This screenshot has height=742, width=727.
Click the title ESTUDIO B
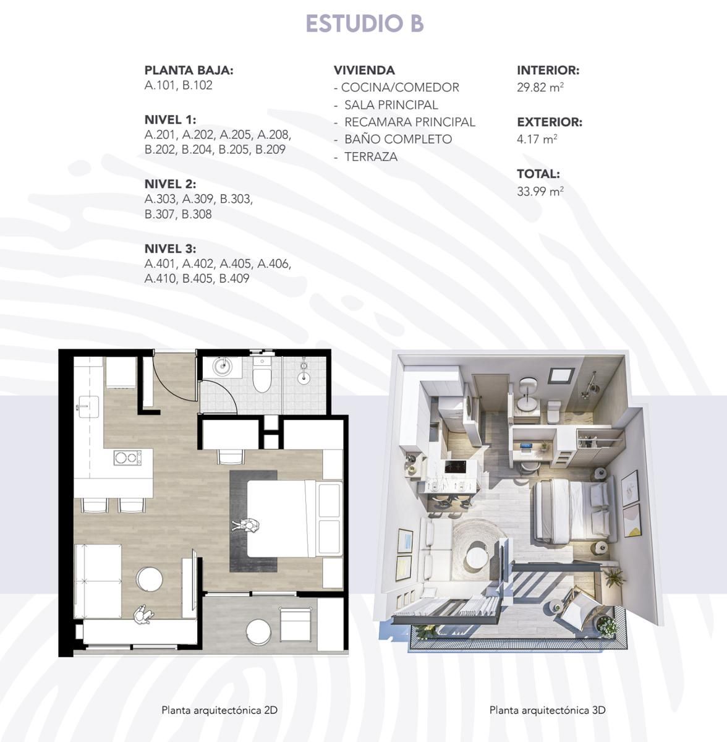(365, 23)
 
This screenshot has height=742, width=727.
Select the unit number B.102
(197, 85)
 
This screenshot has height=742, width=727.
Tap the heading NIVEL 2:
(170, 184)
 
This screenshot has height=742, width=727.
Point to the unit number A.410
(159, 278)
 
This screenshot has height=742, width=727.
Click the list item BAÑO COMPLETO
(398, 139)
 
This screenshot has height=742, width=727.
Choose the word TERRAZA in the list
(371, 156)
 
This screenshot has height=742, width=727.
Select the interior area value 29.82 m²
(540, 87)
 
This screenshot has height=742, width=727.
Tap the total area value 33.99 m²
(540, 191)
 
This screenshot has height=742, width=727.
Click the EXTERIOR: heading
(550, 122)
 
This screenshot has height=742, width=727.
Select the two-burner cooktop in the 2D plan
(127, 458)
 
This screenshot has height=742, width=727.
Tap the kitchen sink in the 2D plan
(88, 407)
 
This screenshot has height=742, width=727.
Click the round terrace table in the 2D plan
(258, 632)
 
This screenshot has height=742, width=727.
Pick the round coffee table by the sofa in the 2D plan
(150, 579)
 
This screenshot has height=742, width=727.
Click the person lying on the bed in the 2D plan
(245, 525)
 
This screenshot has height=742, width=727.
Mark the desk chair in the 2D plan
(231, 457)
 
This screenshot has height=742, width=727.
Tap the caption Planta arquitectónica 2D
(219, 710)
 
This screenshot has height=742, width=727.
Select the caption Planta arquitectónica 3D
(547, 710)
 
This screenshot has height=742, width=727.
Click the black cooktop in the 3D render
(456, 467)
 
